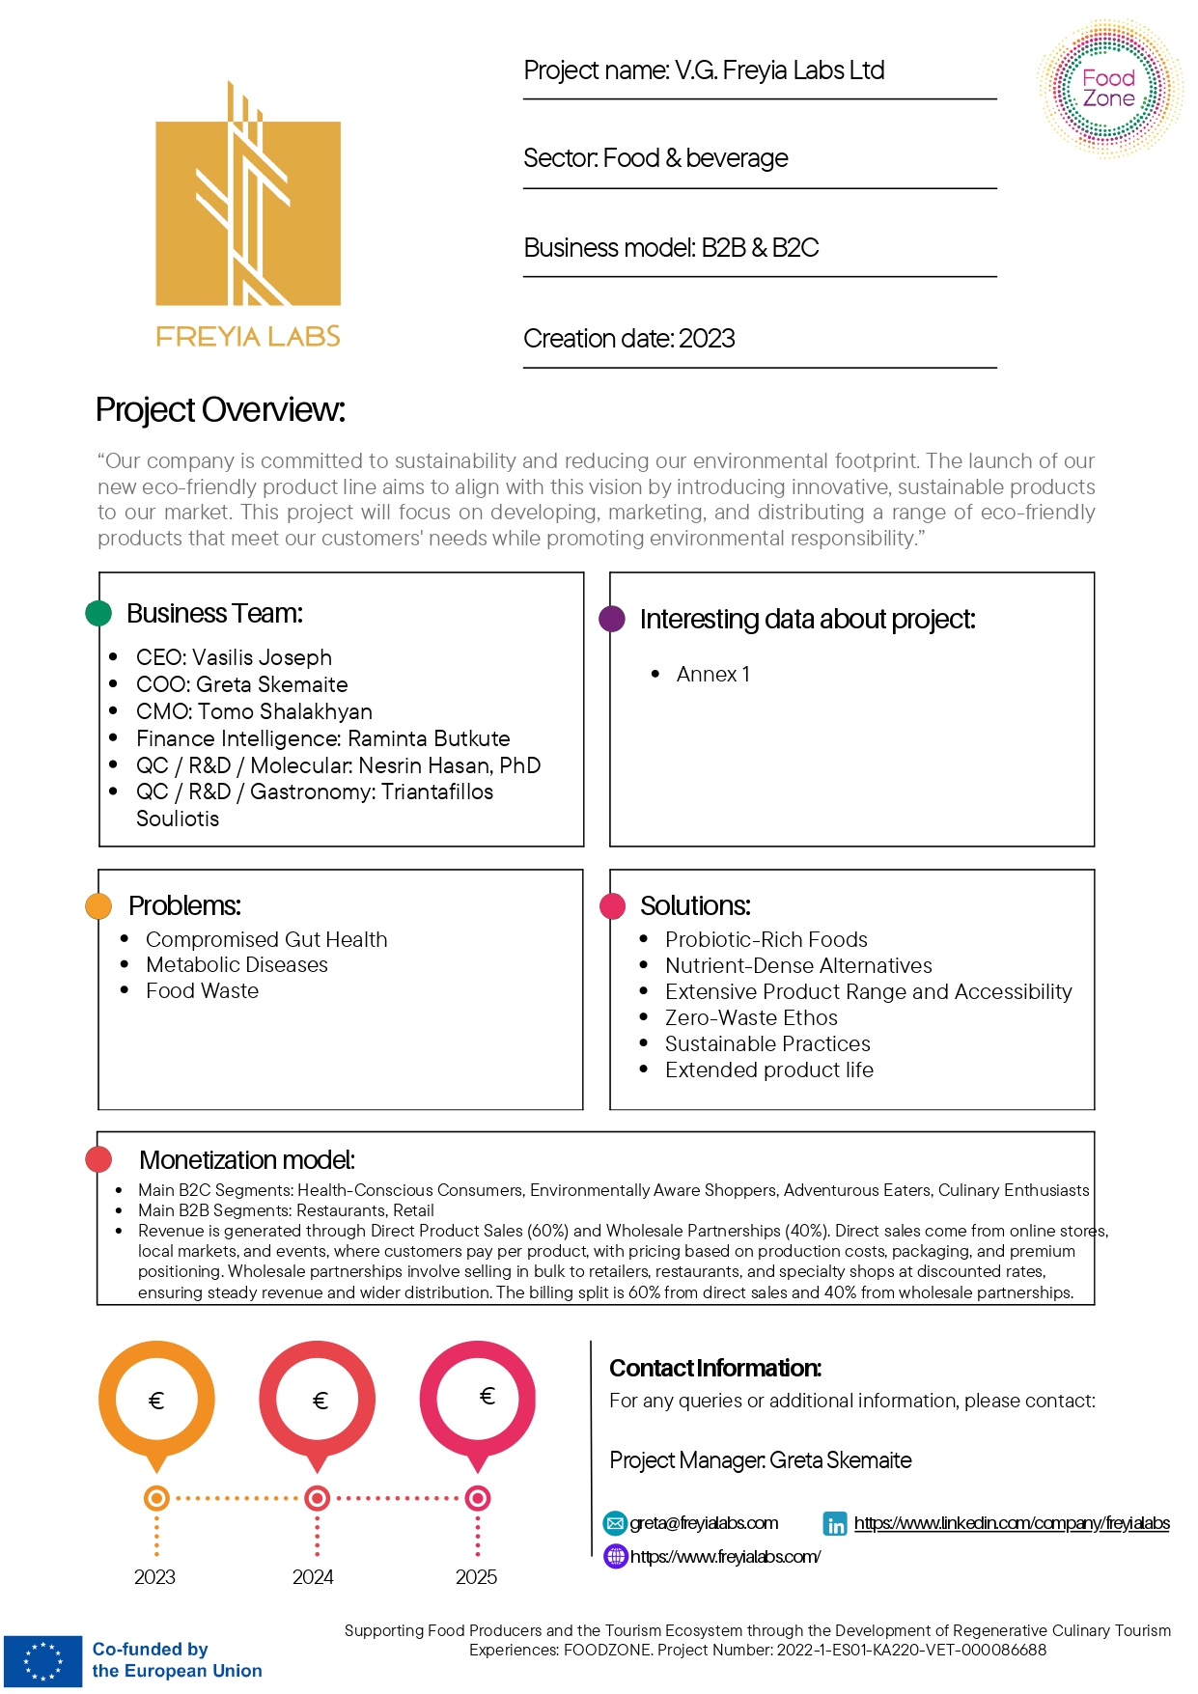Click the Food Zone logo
click(x=1109, y=88)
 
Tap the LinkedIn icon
click(x=835, y=1524)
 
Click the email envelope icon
click(x=615, y=1523)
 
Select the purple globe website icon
click(x=615, y=1556)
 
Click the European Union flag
click(x=42, y=1660)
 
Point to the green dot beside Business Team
click(x=98, y=613)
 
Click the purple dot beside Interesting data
click(x=612, y=619)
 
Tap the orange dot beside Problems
click(x=98, y=906)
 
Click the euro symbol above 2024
click(x=320, y=1401)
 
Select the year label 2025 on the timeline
click(x=476, y=1577)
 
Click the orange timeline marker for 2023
click(x=156, y=1498)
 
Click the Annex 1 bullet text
click(x=712, y=675)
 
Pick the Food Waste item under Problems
click(x=202, y=991)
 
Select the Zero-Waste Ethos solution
click(x=751, y=1018)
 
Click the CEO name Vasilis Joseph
click(x=262, y=657)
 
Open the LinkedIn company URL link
click(x=1012, y=1523)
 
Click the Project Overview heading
click(x=220, y=410)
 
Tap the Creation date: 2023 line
click(x=629, y=339)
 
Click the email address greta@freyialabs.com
click(x=704, y=1523)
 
